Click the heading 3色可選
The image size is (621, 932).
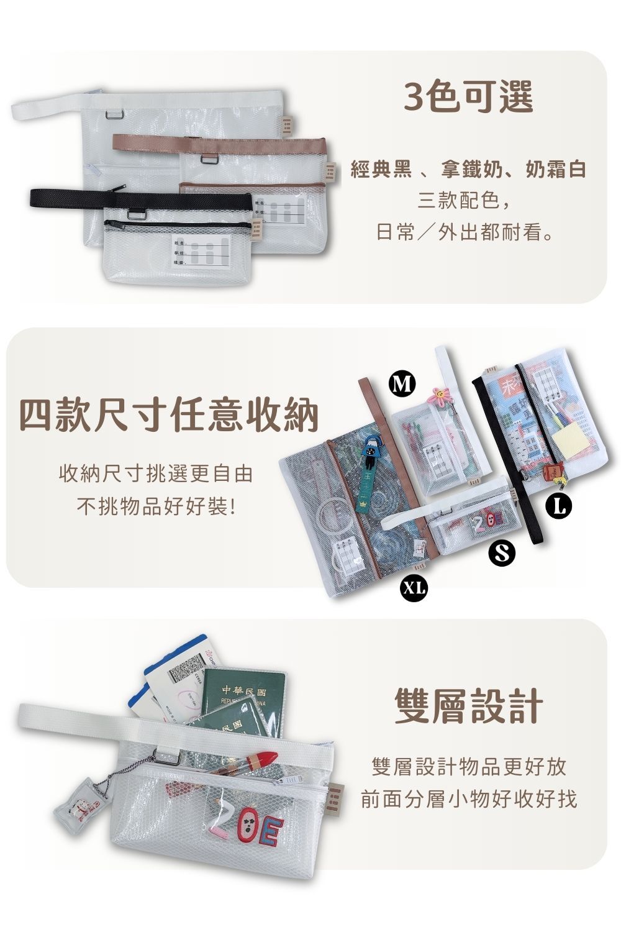pyautogui.click(x=468, y=97)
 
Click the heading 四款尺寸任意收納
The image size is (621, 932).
pyautogui.click(x=168, y=415)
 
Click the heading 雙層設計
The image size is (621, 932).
pyautogui.click(x=469, y=706)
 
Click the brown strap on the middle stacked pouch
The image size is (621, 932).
pyautogui.click(x=217, y=144)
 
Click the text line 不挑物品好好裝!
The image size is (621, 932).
pyautogui.click(x=156, y=507)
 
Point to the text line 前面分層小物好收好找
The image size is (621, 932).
pyautogui.click(x=469, y=799)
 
